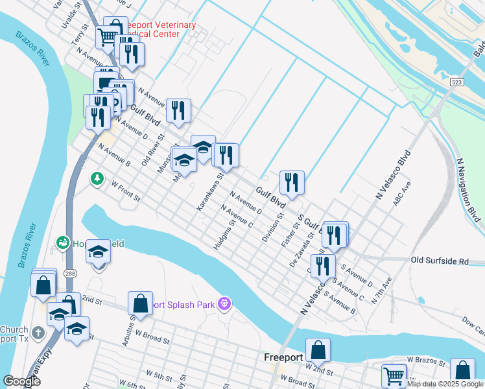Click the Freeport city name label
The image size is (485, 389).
coord(283,357)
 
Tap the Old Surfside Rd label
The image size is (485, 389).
coord(440,261)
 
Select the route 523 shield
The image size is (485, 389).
coord(456,82)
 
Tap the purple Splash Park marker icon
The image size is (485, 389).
coord(225,303)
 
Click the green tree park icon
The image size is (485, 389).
coord(97,177)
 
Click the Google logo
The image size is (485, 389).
coord(21,381)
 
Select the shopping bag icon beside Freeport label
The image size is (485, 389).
coord(318,350)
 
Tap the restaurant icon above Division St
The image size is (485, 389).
coord(292,182)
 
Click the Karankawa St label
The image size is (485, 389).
coord(211,191)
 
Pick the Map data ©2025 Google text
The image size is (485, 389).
coord(445,384)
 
